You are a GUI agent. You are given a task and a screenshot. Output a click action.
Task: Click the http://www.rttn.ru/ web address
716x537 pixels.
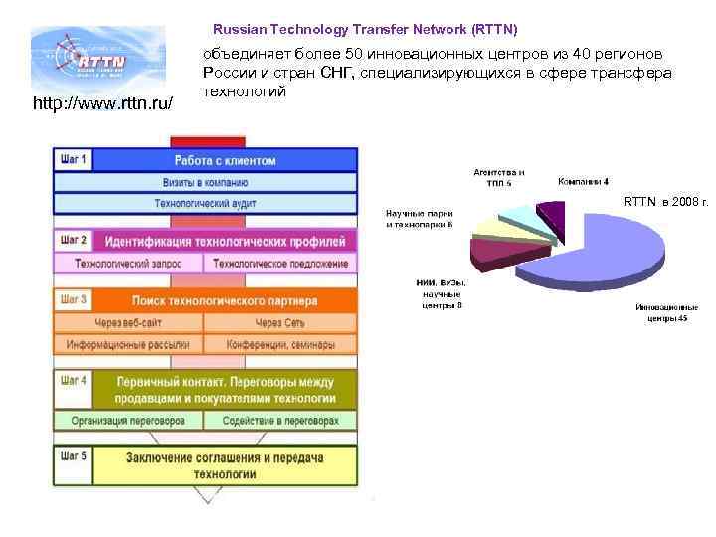pyautogui.click(x=102, y=103)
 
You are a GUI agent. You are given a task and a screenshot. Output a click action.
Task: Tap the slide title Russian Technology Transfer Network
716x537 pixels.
pyautogui.click(x=365, y=30)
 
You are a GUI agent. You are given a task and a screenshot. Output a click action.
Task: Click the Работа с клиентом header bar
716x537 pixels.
pyautogui.click(x=226, y=160)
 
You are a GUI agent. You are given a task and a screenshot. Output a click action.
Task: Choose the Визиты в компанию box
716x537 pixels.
pyautogui.click(x=206, y=182)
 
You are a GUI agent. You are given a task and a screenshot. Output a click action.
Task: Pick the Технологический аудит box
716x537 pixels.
pyautogui.click(x=206, y=203)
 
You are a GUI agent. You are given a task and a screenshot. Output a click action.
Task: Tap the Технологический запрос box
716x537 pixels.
pyautogui.click(x=128, y=264)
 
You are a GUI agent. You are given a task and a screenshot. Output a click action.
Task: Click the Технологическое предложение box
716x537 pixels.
pyautogui.click(x=280, y=264)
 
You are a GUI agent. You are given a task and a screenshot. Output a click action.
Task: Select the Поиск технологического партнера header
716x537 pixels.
pyautogui.click(x=226, y=300)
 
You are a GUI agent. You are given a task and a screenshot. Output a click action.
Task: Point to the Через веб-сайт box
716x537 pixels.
pyautogui.click(x=128, y=323)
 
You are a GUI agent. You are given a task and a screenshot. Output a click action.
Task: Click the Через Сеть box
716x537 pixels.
pyautogui.click(x=280, y=323)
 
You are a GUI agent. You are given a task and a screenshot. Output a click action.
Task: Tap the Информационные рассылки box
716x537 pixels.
pyautogui.click(x=128, y=345)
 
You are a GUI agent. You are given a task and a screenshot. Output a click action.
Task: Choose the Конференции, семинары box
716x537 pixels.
pyautogui.click(x=280, y=345)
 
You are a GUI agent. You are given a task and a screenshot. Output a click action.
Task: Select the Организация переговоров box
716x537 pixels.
pyautogui.click(x=128, y=421)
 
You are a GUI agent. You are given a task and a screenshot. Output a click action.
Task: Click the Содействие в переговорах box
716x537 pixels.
pyautogui.click(x=280, y=421)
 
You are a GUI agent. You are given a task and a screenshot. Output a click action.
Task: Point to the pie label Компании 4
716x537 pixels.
pyautogui.click(x=584, y=181)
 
